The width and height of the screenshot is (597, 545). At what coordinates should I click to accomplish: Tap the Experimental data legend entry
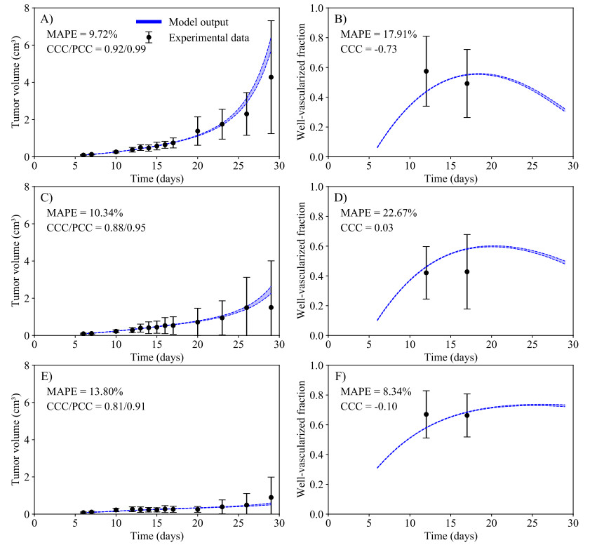(208, 38)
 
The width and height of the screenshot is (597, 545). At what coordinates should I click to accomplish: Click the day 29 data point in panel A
(271, 77)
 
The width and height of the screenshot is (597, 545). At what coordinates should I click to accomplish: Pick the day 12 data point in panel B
(426, 71)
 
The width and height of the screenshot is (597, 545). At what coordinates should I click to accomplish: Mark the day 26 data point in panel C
(247, 307)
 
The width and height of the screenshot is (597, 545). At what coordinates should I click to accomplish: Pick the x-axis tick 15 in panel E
(156, 523)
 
